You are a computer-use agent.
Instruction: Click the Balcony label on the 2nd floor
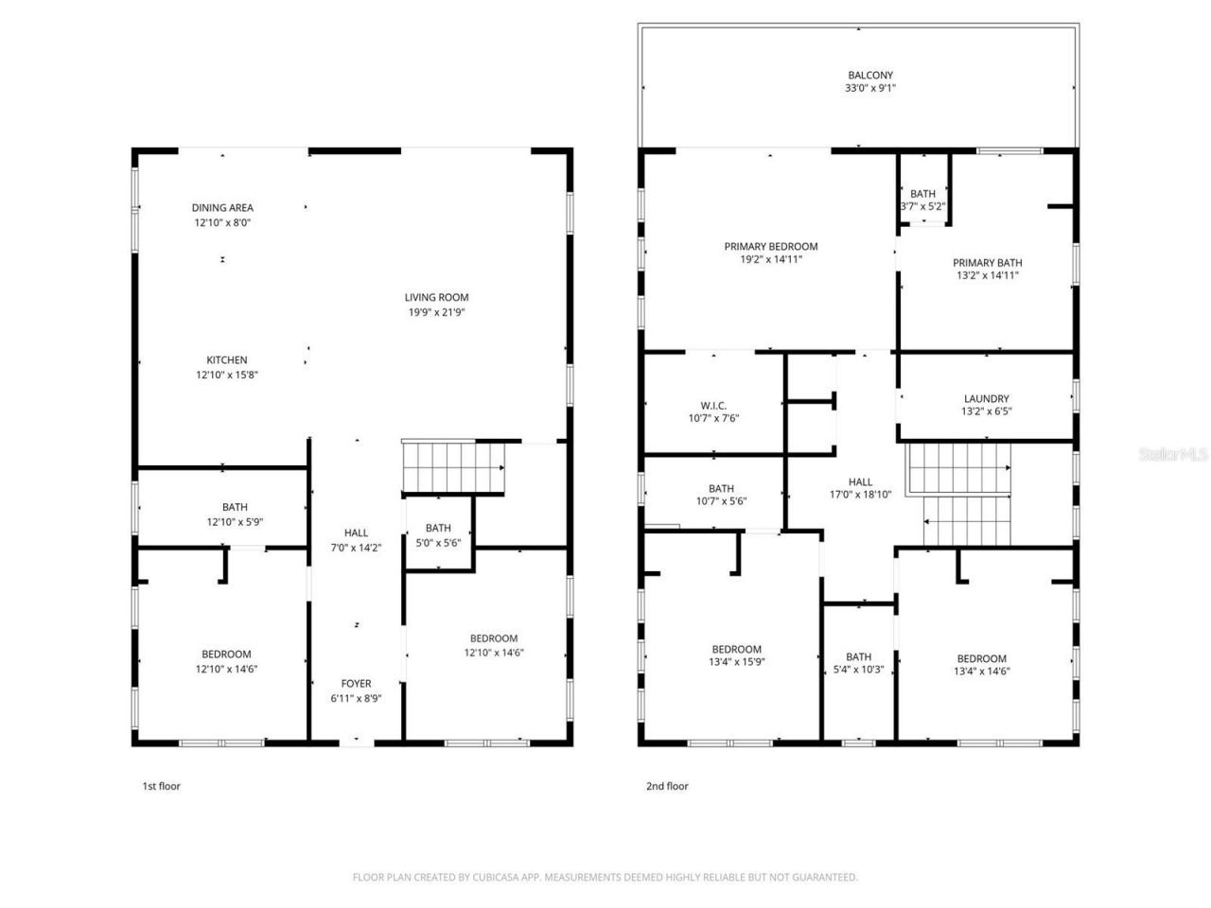869,76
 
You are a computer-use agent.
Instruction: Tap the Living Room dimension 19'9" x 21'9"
437,312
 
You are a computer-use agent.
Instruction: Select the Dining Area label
222,208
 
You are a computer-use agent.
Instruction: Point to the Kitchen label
227,360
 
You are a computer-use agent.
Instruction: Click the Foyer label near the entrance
356,684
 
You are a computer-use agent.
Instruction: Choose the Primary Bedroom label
771,247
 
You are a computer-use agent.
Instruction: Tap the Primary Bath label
987,263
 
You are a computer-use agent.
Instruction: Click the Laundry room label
986,399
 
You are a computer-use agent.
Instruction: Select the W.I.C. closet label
713,406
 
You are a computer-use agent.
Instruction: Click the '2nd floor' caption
666,786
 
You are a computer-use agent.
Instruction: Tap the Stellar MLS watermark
1173,455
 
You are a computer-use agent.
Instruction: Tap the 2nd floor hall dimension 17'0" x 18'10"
860,494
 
